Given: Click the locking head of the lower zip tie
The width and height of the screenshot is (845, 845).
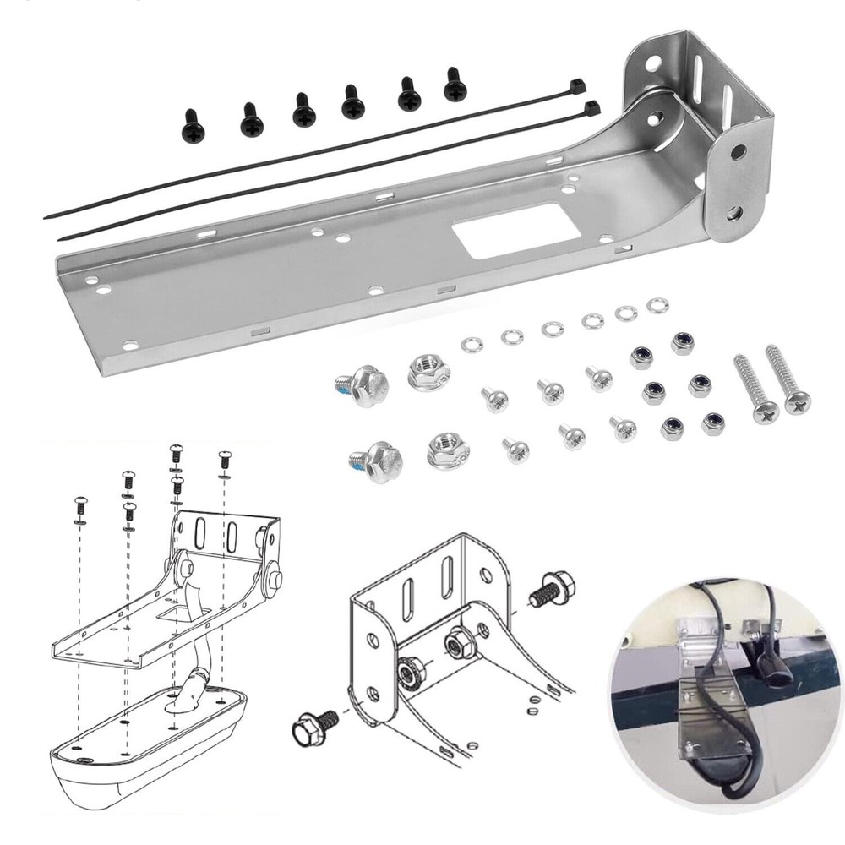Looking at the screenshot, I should point(591,108).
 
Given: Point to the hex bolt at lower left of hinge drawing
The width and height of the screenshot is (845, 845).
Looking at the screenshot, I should point(314,725).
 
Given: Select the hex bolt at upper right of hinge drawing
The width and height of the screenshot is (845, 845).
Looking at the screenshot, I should point(554,588).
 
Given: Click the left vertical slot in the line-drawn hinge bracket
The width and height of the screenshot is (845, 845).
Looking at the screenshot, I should point(406,597).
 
